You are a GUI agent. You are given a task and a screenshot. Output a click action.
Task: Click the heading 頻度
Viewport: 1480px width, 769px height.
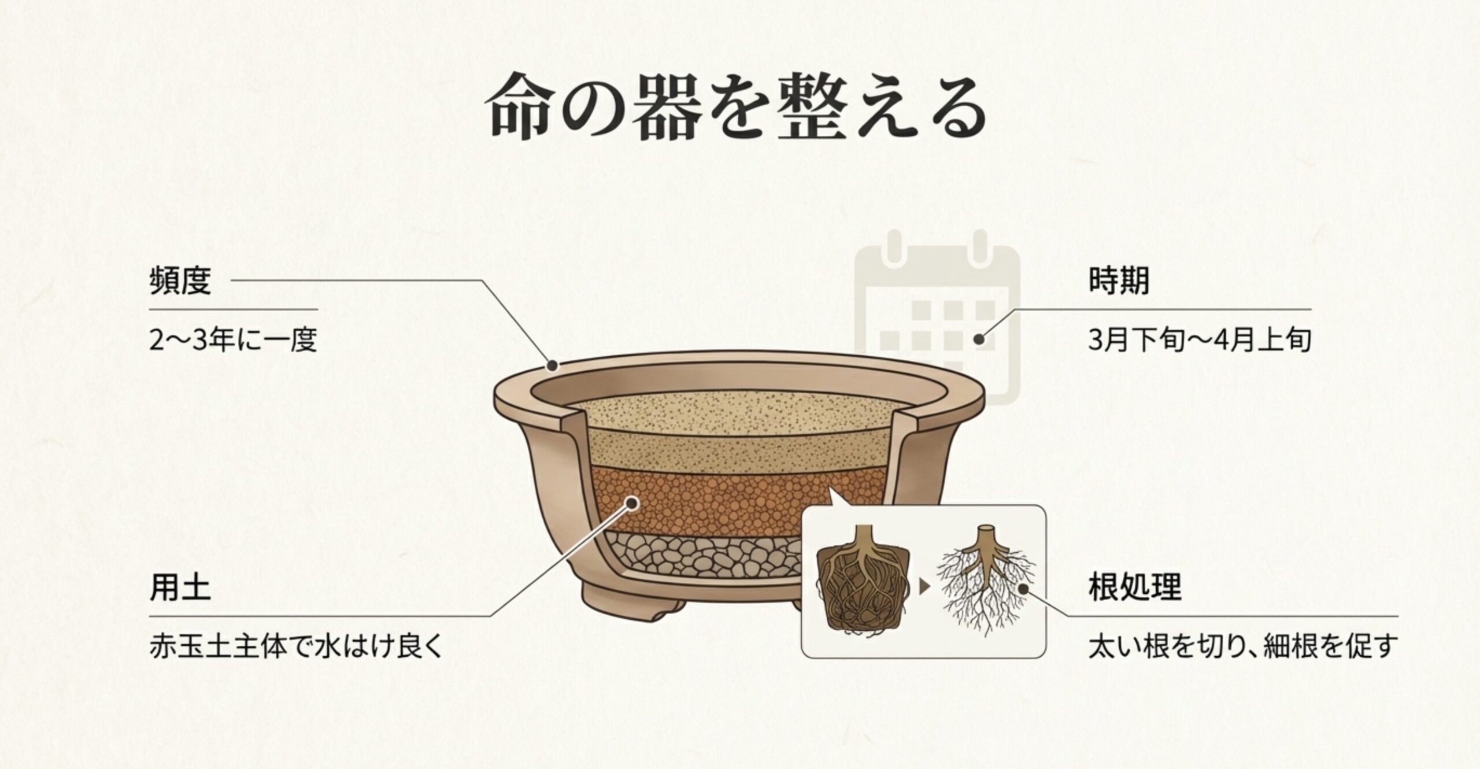click(x=180, y=282)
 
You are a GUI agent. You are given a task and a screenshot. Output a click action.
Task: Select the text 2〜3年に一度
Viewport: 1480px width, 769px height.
click(x=233, y=340)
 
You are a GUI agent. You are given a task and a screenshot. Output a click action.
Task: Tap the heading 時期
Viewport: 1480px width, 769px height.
click(x=1119, y=282)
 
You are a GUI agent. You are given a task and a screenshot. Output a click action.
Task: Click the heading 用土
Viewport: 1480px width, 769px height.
click(x=180, y=589)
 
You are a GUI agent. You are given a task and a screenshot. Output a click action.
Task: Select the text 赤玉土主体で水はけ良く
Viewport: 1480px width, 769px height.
click(x=295, y=646)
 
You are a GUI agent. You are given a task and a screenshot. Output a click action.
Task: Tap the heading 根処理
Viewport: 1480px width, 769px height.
click(x=1135, y=589)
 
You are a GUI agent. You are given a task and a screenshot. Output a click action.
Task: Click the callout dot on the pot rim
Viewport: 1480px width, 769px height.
click(x=553, y=365)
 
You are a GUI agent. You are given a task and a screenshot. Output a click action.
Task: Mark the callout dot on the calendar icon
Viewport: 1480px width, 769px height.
click(x=979, y=339)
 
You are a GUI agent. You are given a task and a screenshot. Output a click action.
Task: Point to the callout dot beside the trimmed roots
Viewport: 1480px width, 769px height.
click(x=1022, y=589)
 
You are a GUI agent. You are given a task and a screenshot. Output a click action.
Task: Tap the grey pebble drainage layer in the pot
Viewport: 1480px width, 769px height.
click(x=694, y=558)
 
